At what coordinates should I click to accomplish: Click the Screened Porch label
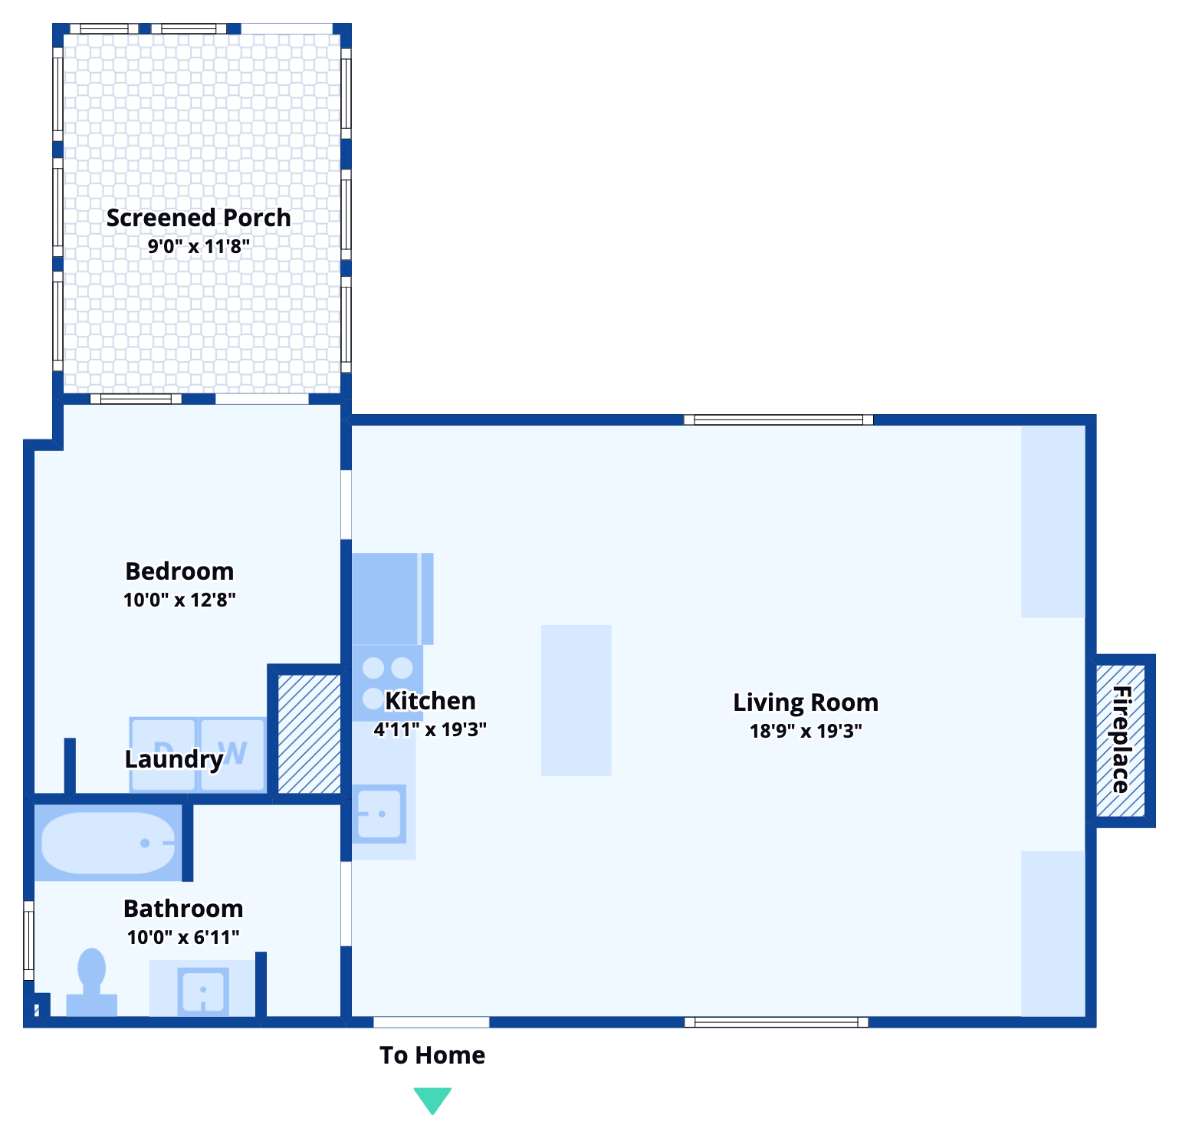tap(199, 218)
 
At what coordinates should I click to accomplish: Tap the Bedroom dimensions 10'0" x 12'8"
tap(179, 600)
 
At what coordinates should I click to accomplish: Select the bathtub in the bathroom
tap(108, 843)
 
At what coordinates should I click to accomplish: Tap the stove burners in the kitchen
tap(387, 682)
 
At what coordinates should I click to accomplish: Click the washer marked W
tap(233, 754)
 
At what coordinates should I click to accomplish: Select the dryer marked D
tap(163, 754)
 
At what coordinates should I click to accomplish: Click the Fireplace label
tap(1121, 740)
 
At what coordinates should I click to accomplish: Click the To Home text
tap(432, 1056)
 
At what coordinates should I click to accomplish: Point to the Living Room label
tap(805, 702)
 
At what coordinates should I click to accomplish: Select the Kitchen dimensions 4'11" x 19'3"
tap(430, 729)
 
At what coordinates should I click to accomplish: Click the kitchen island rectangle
tap(576, 700)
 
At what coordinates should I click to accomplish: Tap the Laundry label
tap(174, 759)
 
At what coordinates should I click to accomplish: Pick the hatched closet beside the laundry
tap(309, 734)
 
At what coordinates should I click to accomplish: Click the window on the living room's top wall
tap(778, 419)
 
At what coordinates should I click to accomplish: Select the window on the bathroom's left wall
tap(29, 940)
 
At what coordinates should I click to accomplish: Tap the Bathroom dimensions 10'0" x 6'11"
tap(183, 937)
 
